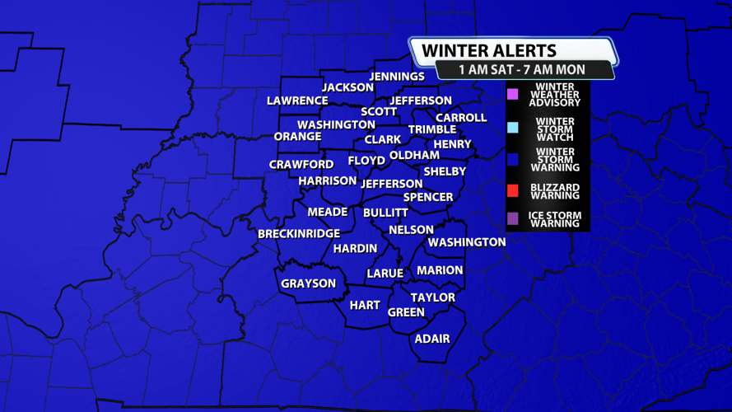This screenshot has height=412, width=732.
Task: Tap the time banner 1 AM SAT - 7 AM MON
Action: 525,70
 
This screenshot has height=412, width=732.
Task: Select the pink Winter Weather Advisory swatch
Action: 512,94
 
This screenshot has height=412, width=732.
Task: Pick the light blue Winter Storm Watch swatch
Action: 512,127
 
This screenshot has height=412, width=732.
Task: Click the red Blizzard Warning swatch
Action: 512,191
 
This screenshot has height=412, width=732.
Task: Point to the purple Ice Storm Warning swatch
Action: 512,218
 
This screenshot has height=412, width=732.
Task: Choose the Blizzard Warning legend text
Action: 555,191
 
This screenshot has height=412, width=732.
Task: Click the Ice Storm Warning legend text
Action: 555,219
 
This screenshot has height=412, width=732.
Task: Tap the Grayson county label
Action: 309,283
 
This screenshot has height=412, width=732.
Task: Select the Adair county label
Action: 432,338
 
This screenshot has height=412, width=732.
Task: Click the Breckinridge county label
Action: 299,234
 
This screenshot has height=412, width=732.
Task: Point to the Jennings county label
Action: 397,77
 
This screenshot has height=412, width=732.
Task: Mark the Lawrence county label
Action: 297,101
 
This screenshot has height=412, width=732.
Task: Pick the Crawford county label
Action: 301,165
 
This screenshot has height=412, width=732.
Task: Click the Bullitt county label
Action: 385,213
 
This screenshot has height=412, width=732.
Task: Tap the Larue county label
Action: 385,274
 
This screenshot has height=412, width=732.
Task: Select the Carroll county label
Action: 461,118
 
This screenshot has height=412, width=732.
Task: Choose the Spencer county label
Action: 428,197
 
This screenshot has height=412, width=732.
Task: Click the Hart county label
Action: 365,305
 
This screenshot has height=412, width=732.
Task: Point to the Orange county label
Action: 297,136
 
